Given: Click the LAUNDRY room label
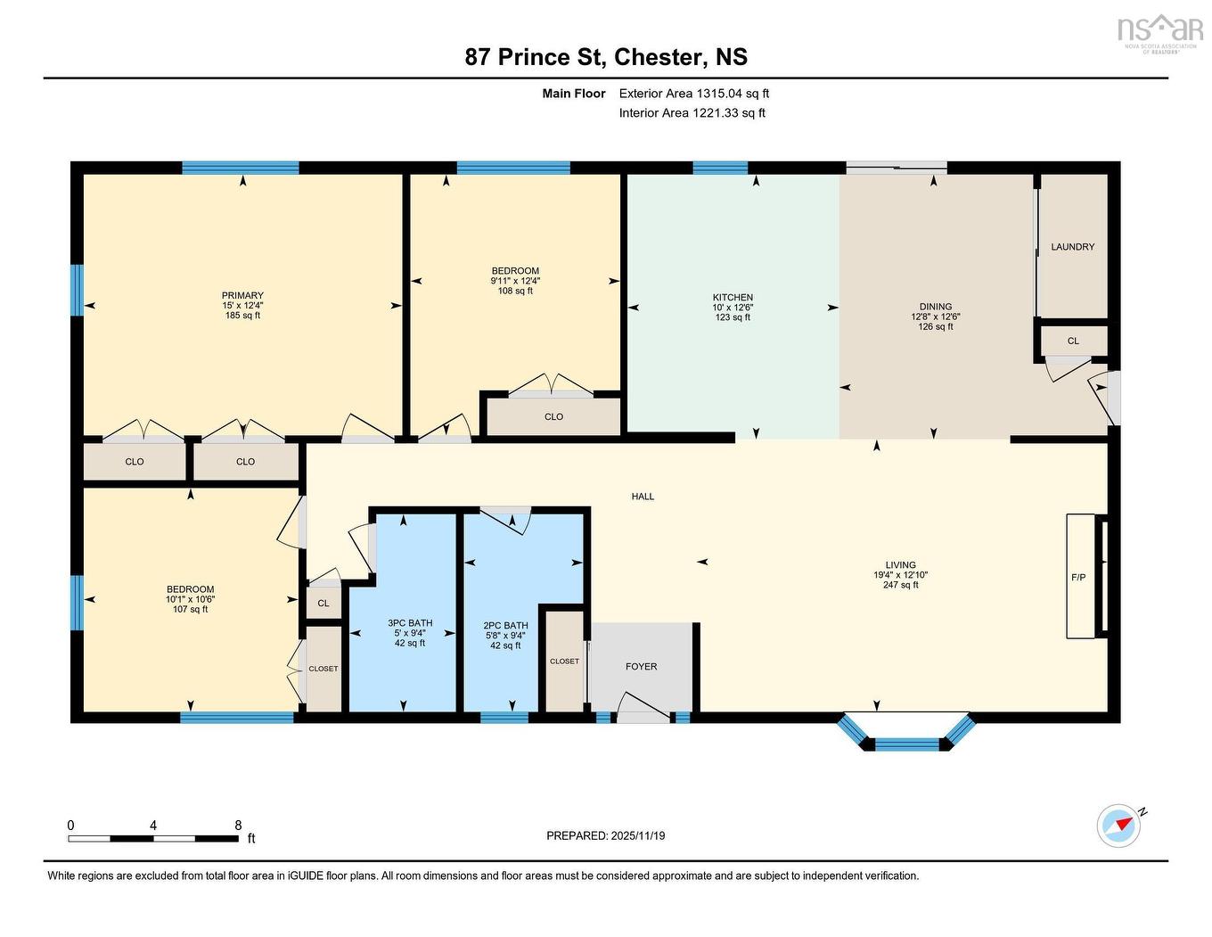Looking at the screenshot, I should click(1072, 247).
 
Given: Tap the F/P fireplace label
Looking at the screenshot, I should click(1077, 578).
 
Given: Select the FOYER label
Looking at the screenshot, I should click(641, 667).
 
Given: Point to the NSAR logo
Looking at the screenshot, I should click(1159, 32).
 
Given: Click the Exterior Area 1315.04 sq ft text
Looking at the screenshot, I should click(693, 94).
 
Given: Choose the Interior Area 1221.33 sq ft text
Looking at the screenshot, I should click(692, 113).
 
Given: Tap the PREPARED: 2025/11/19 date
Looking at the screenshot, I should click(605, 836).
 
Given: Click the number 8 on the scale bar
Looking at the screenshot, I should click(238, 826).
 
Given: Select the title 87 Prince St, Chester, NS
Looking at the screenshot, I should click(606, 57).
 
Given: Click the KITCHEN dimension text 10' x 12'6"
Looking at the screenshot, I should click(733, 308).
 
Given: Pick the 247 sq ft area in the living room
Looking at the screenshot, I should click(900, 585).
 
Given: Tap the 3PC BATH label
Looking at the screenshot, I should click(410, 623).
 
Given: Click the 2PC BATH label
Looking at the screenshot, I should click(505, 626).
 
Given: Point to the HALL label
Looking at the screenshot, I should click(643, 497).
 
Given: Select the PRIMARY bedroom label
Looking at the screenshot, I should click(242, 296).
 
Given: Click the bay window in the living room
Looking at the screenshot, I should click(905, 736).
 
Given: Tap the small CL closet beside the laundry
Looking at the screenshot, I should click(1073, 341).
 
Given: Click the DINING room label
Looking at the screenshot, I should click(936, 307).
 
